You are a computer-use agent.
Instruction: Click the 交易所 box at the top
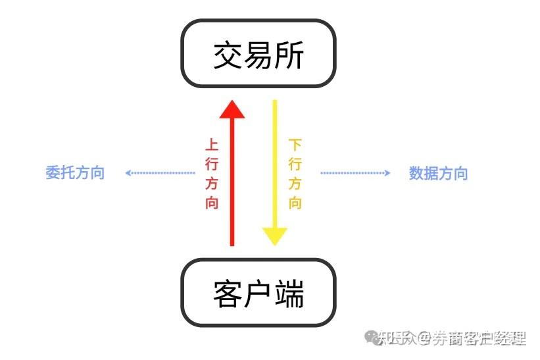[258, 54]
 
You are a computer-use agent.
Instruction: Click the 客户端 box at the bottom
[258, 293]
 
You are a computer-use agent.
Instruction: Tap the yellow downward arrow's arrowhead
[275, 236]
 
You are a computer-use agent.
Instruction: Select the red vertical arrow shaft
[232, 184]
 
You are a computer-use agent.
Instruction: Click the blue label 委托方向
[75, 173]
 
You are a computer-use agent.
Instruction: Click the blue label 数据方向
[438, 173]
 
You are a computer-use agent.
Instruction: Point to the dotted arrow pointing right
[355, 173]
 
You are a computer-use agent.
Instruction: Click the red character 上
[211, 145]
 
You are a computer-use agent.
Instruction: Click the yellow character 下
[295, 145]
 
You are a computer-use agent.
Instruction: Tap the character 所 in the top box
[289, 55]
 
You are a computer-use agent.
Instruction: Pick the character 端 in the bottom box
[289, 294]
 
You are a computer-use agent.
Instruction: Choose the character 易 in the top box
[258, 55]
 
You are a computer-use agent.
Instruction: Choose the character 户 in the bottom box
[258, 294]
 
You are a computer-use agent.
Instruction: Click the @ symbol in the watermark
[424, 339]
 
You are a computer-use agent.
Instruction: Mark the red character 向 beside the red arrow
[211, 202]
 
